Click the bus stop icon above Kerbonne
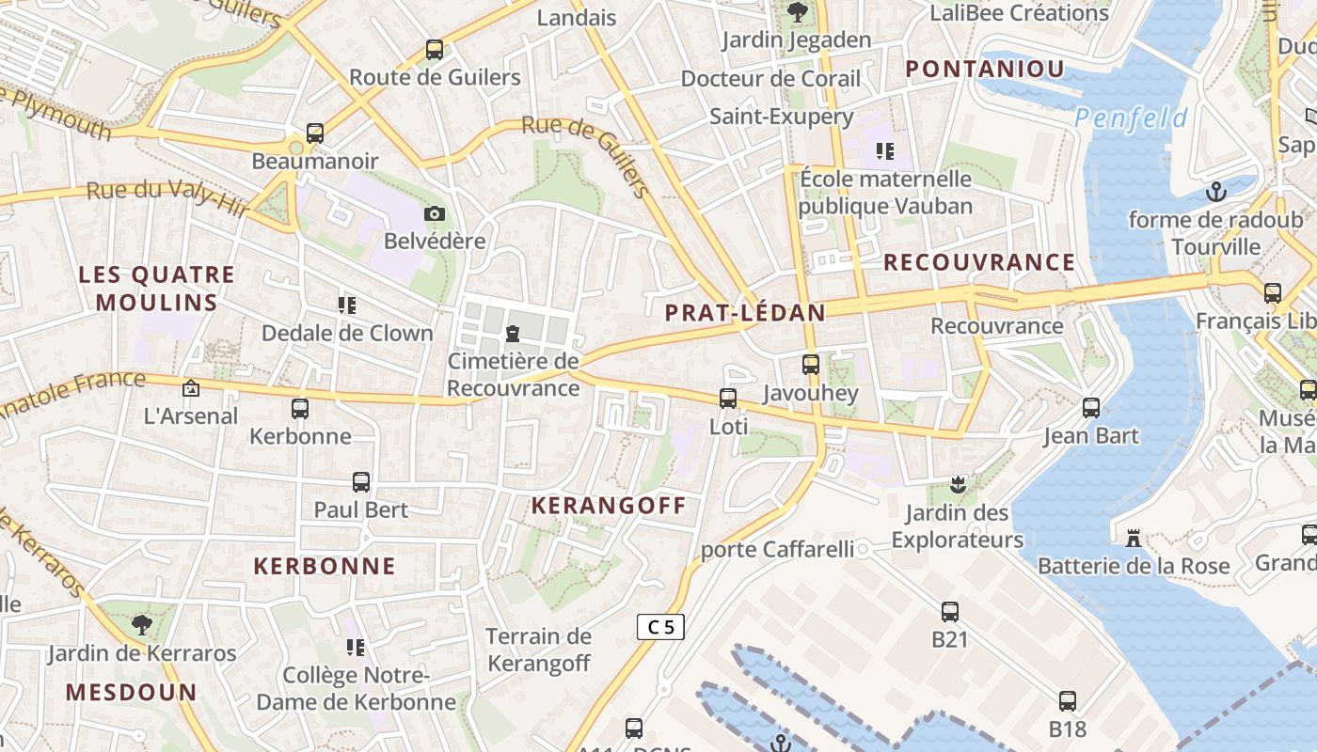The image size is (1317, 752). [x=300, y=409]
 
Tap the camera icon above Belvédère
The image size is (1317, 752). [x=434, y=214]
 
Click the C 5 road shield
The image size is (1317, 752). [x=660, y=627]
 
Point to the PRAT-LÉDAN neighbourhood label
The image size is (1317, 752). [x=745, y=313]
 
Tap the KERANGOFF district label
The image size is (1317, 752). [x=609, y=506]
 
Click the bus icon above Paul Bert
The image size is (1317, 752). [x=361, y=482]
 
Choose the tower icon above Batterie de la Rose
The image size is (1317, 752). [x=1134, y=539]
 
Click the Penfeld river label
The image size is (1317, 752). [x=1131, y=118]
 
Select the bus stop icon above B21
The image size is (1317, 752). [x=950, y=612]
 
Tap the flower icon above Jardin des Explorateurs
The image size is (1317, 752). [x=958, y=486]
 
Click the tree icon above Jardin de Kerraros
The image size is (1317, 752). [x=141, y=624]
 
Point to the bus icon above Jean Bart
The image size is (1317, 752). [x=1091, y=408]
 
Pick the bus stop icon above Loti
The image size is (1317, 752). [x=728, y=399]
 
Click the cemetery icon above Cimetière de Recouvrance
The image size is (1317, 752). [x=513, y=333]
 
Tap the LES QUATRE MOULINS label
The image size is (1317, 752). [x=156, y=289]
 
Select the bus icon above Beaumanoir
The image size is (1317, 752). [x=315, y=133]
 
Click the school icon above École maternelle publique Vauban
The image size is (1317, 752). [x=884, y=150]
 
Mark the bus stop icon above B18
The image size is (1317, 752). [x=1068, y=701]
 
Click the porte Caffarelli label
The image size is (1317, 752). [x=778, y=549]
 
